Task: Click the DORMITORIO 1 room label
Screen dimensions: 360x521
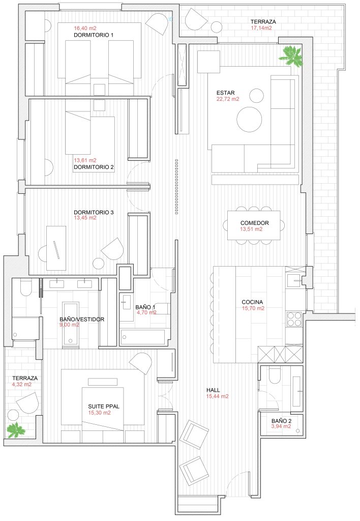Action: pos(94,35)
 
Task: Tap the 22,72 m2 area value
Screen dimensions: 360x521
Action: pos(228,99)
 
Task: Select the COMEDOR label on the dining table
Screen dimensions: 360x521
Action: pos(254,223)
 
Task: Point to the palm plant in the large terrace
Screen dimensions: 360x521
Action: pos(290,56)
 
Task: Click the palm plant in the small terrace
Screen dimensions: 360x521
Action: pos(16,429)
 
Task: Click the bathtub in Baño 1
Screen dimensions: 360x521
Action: pos(143,337)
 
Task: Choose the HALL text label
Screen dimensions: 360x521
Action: pos(213,390)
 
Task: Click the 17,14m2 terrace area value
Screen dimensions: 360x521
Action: pos(261,28)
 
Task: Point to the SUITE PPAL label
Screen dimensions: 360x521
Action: pos(104,407)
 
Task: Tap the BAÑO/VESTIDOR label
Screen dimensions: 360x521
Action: pos(82,320)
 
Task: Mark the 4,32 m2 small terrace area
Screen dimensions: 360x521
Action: pos(21,384)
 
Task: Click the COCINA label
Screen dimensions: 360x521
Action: pos(252,302)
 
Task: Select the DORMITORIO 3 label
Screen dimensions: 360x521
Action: pos(94,212)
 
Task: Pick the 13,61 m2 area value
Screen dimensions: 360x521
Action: pos(85,160)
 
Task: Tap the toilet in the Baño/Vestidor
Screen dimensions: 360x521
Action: pos(25,287)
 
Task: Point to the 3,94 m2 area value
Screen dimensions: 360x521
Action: pos(281,426)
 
